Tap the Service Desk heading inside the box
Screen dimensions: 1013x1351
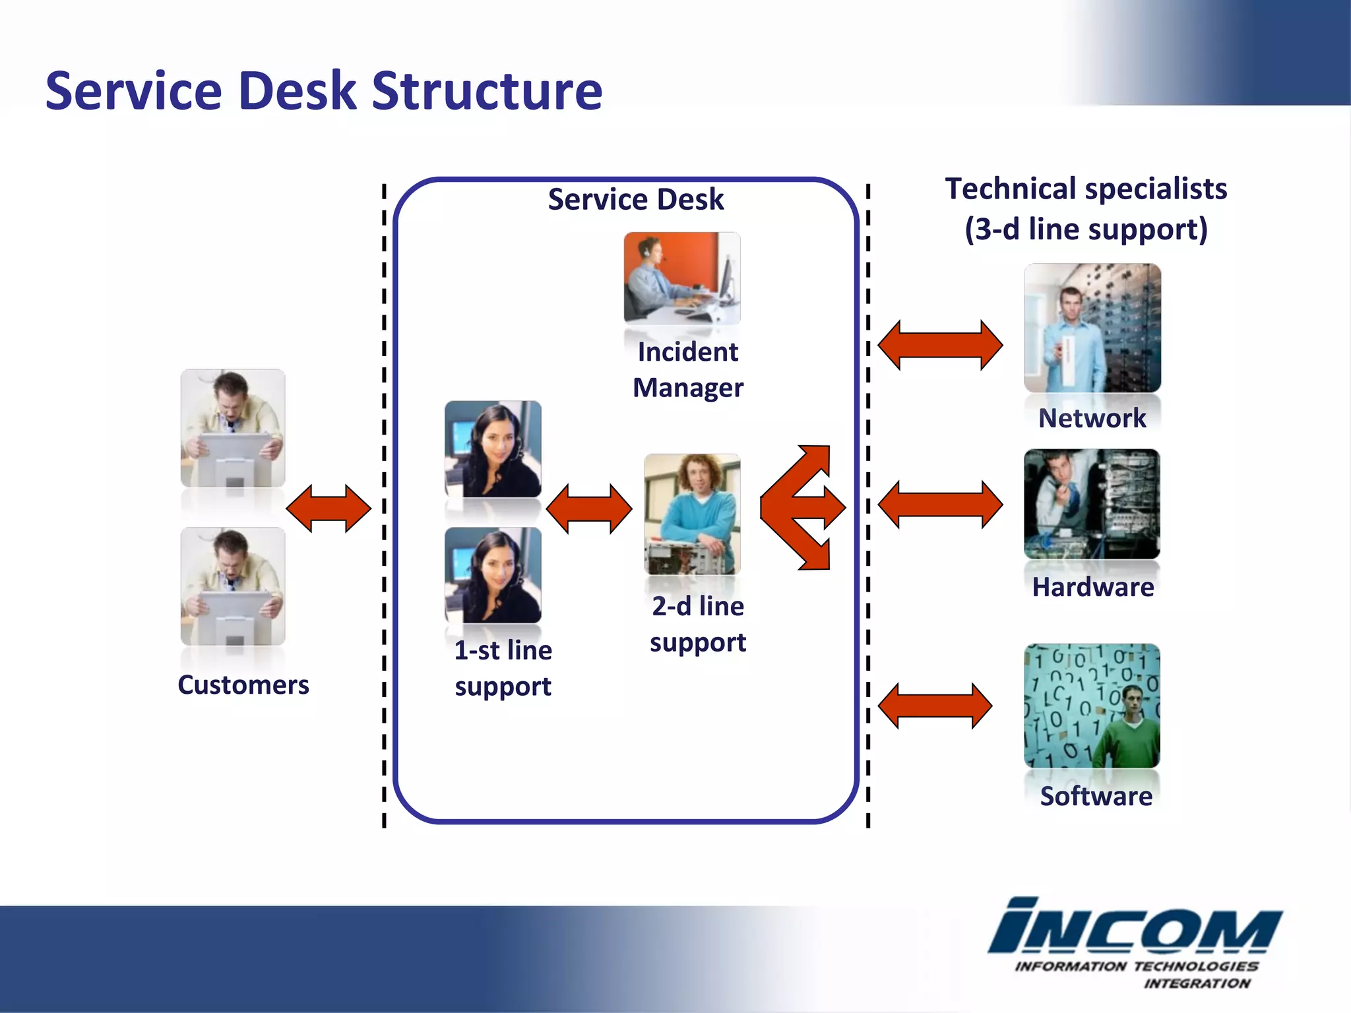(x=635, y=199)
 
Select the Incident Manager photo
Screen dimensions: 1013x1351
(x=682, y=278)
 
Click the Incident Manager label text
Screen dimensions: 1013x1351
(x=687, y=369)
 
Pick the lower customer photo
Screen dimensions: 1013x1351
(x=233, y=586)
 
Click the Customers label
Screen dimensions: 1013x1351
(x=243, y=685)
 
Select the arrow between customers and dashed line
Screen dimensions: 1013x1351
(x=329, y=508)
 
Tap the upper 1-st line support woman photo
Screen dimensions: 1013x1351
(x=493, y=449)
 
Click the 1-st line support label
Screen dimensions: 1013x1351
(x=503, y=668)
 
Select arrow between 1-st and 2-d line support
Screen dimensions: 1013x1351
(x=589, y=508)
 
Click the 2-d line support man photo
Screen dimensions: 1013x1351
(x=692, y=514)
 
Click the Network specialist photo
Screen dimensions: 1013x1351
(x=1092, y=328)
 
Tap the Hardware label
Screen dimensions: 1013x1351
(x=1092, y=587)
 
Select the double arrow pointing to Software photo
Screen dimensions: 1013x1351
(x=935, y=706)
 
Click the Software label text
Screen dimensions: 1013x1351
(x=1096, y=796)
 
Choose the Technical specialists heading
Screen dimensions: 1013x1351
(x=1086, y=208)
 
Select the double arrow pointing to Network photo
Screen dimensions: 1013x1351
(x=940, y=345)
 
